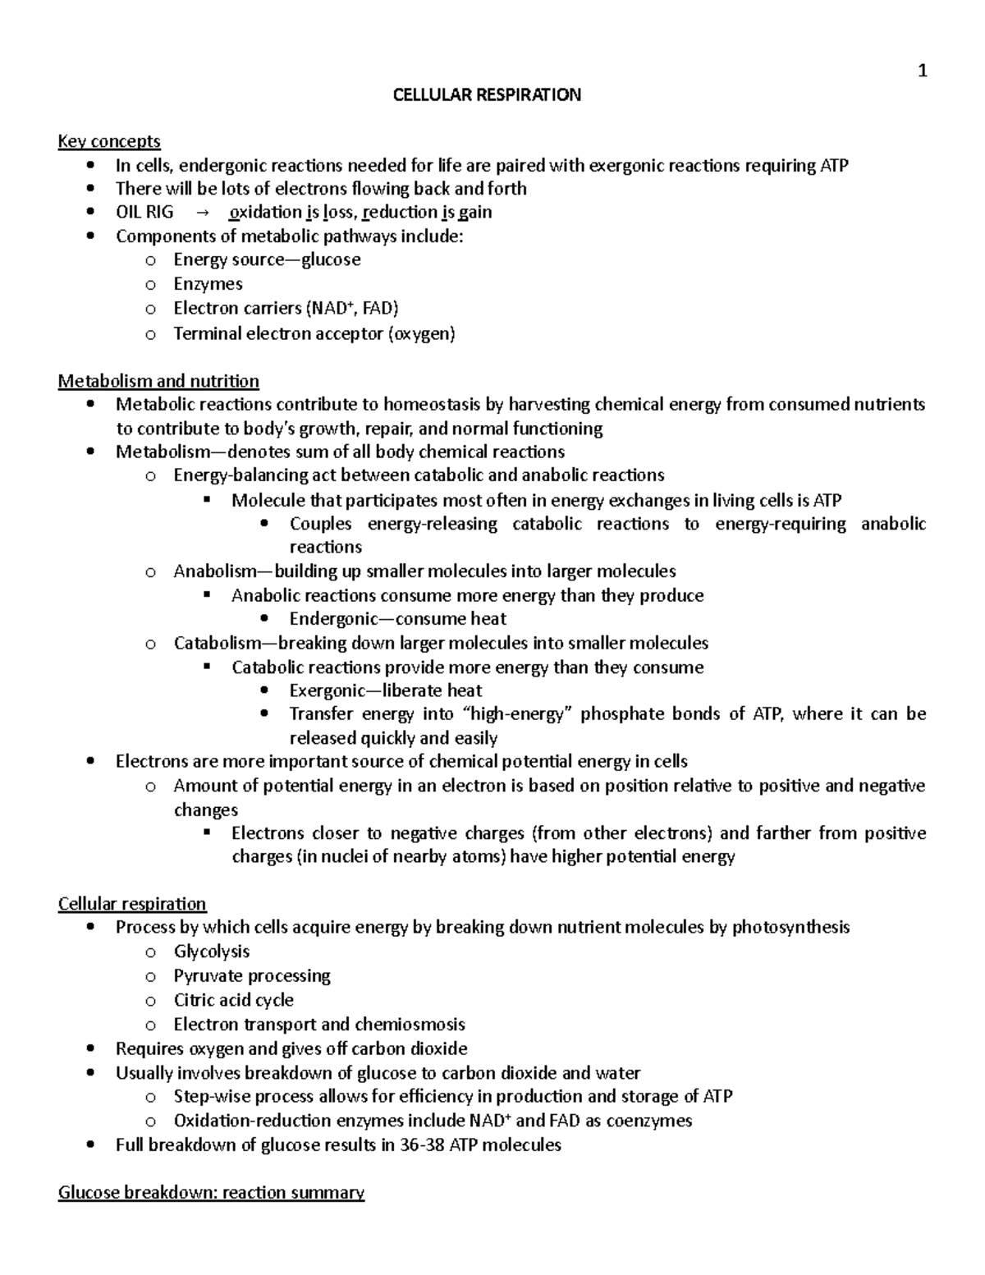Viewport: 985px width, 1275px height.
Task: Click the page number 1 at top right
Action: pyautogui.click(x=922, y=71)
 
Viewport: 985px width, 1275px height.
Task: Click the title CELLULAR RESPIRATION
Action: pyautogui.click(x=487, y=95)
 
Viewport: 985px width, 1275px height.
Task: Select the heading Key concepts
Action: pyautogui.click(x=109, y=142)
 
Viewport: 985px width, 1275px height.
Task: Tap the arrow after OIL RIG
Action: pyautogui.click(x=202, y=213)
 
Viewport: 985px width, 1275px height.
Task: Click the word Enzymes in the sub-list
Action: pyautogui.click(x=208, y=284)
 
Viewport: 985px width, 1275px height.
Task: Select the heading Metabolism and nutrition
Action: pyautogui.click(x=158, y=381)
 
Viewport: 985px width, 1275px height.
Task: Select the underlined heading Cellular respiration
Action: pyautogui.click(x=132, y=904)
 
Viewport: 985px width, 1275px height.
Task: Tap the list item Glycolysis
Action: pyautogui.click(x=212, y=952)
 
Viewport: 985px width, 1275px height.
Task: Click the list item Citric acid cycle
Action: pyautogui.click(x=233, y=1000)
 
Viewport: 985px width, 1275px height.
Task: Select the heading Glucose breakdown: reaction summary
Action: pyautogui.click(x=211, y=1192)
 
